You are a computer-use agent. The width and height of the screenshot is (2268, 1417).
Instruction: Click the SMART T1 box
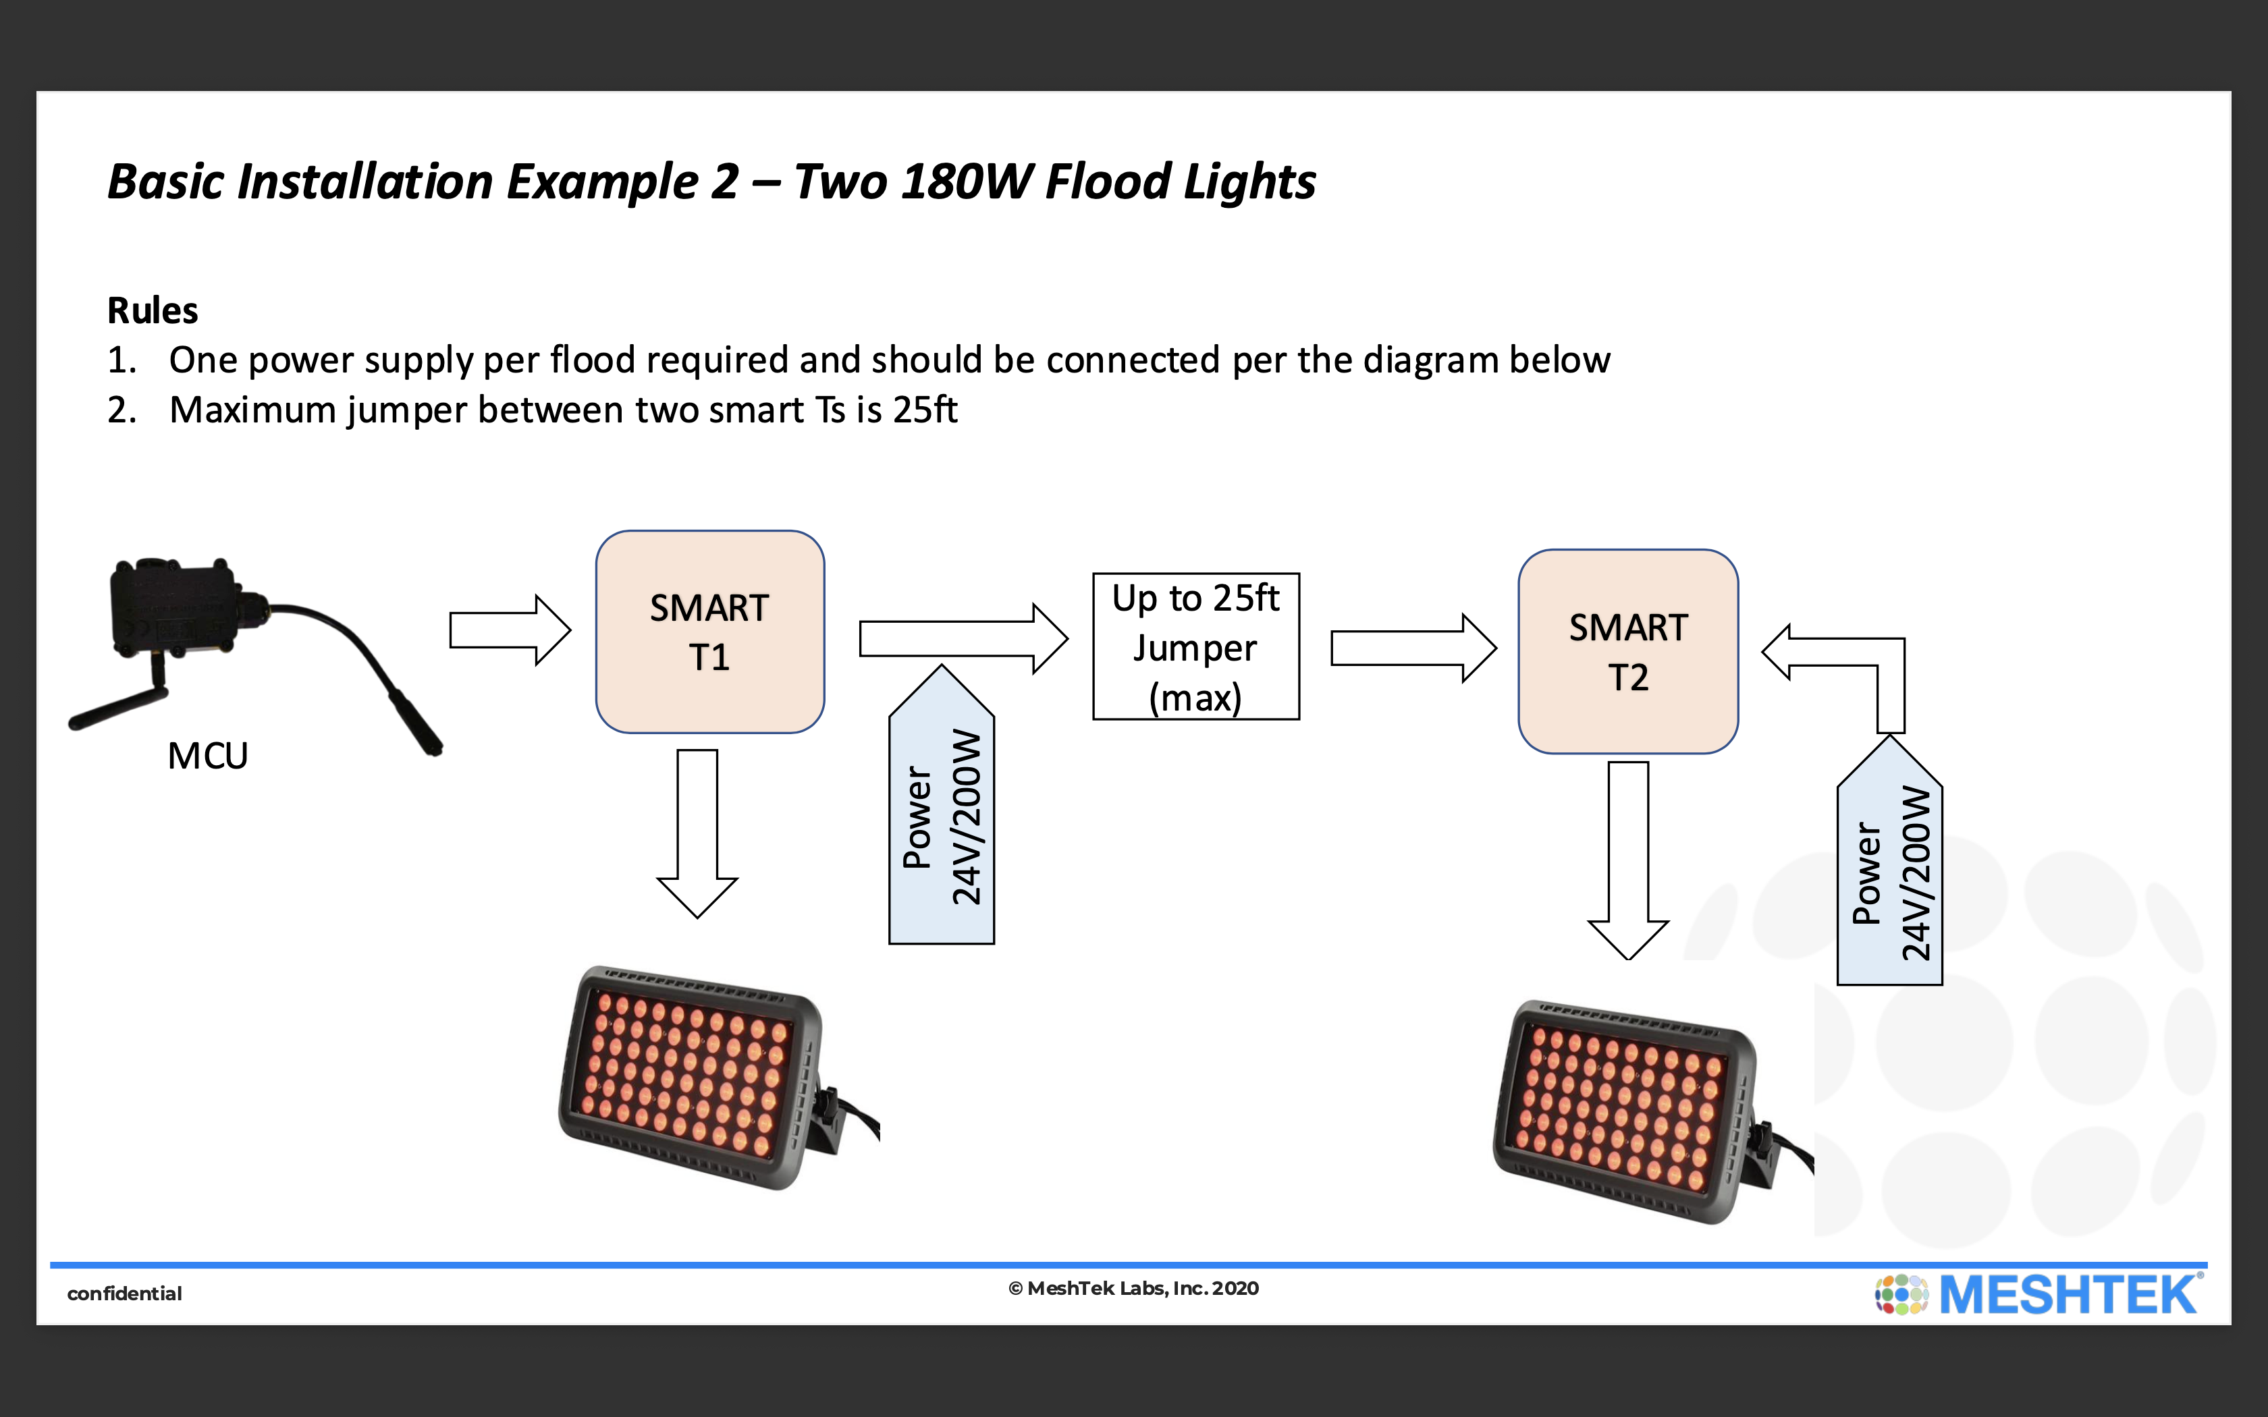click(x=709, y=632)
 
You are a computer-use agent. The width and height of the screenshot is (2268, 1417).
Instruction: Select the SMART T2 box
click(x=1628, y=651)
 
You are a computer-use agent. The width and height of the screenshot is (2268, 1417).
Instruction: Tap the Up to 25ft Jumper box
click(x=1196, y=646)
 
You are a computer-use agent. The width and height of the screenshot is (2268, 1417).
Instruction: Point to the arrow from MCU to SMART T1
click(x=509, y=630)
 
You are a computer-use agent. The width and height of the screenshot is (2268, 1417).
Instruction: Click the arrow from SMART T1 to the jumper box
click(x=963, y=638)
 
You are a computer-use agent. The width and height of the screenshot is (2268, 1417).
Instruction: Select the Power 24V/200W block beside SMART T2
click(x=1889, y=872)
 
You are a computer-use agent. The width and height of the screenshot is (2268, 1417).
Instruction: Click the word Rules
click(x=153, y=310)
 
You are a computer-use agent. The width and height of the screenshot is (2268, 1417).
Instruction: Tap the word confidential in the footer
click(x=125, y=1294)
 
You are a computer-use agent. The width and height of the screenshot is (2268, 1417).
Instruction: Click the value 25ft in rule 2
click(x=924, y=410)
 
